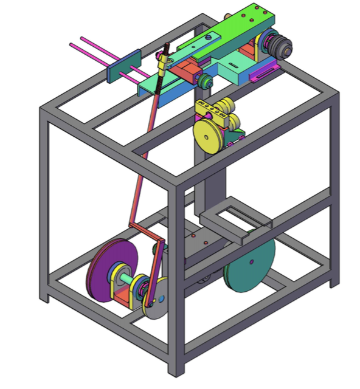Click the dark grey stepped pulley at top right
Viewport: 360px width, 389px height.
pyautogui.click(x=280, y=46)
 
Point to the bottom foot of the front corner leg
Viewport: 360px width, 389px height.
pyautogui.click(x=175, y=368)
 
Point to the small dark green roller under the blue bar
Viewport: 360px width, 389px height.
pyautogui.click(x=204, y=83)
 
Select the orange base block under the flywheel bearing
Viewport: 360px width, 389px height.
pyautogui.click(x=124, y=298)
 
